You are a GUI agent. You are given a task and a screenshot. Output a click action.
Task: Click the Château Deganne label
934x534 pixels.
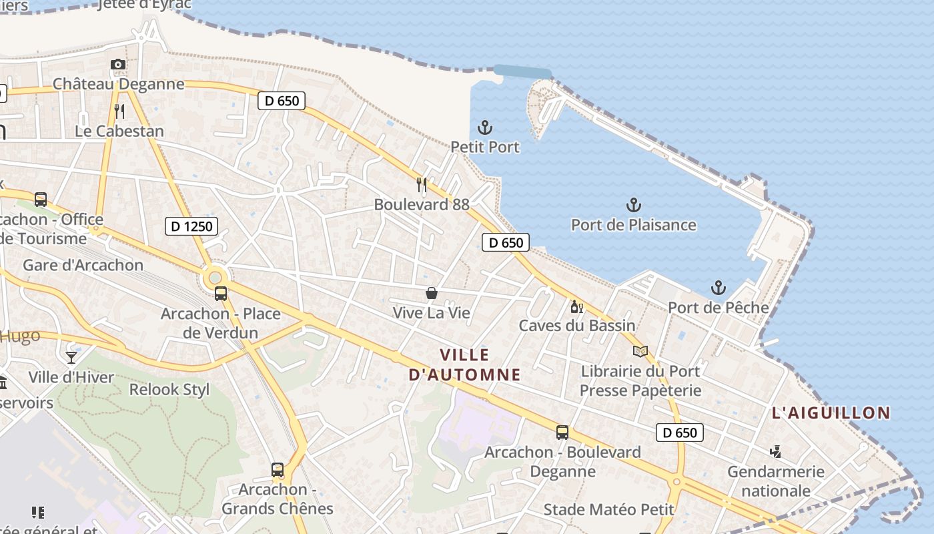[118, 84]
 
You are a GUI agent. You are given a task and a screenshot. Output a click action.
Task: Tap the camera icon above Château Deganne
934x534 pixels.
[118, 64]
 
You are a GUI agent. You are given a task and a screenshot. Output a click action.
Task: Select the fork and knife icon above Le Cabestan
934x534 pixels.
[119, 111]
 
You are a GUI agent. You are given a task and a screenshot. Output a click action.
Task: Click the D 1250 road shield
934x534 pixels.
[191, 226]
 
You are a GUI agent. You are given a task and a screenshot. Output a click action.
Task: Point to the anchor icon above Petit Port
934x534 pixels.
[485, 127]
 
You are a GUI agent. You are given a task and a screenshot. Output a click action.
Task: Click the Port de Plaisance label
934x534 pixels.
[633, 225]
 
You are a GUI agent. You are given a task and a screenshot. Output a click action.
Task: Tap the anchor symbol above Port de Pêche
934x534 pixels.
[718, 288]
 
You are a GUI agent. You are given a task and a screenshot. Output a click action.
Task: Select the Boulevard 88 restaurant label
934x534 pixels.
[422, 204]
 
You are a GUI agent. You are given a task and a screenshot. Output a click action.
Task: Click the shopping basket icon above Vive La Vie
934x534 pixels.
[432, 293]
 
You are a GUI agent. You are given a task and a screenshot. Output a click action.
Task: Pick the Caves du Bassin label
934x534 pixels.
[577, 326]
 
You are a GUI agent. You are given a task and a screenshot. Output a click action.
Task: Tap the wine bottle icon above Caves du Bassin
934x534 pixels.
[576, 307]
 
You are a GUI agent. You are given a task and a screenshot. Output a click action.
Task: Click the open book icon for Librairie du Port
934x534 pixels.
[640, 351]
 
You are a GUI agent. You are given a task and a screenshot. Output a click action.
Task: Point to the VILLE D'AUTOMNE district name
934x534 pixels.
[464, 364]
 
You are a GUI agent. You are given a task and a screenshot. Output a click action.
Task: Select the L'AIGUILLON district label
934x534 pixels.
[831, 413]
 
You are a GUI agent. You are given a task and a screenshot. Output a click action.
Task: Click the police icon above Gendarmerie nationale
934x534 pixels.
[775, 452]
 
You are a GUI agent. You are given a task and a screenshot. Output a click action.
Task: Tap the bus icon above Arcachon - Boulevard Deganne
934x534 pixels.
[562, 433]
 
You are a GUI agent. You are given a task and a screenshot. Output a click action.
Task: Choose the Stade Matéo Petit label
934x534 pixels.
[608, 509]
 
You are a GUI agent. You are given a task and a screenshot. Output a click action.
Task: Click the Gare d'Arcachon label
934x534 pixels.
[83, 265]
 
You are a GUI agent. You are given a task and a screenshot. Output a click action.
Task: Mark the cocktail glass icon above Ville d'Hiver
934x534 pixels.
[71, 357]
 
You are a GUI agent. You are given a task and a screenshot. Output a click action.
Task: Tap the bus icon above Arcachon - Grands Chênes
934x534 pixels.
[278, 469]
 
